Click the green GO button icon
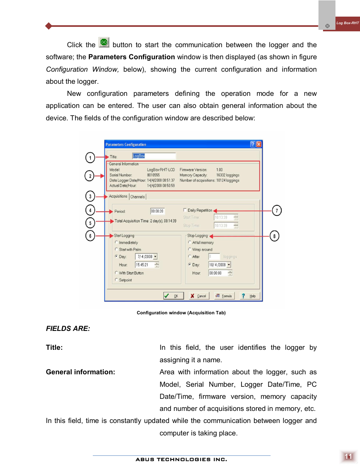[104, 42]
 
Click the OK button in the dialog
[173, 296]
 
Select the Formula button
[224, 296]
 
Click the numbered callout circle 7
[277, 211]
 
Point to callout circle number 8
[274, 236]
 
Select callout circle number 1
[90, 157]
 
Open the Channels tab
[138, 197]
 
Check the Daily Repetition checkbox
[185, 210]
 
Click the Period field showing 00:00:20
[157, 211]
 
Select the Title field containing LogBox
[154, 156]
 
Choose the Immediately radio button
[116, 242]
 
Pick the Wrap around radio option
[190, 249]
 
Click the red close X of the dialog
[259, 144]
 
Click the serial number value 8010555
[153, 175]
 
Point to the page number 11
[348, 457]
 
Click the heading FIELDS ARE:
[68, 329]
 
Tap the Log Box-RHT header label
[347, 23]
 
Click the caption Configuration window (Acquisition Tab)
[181, 313]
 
